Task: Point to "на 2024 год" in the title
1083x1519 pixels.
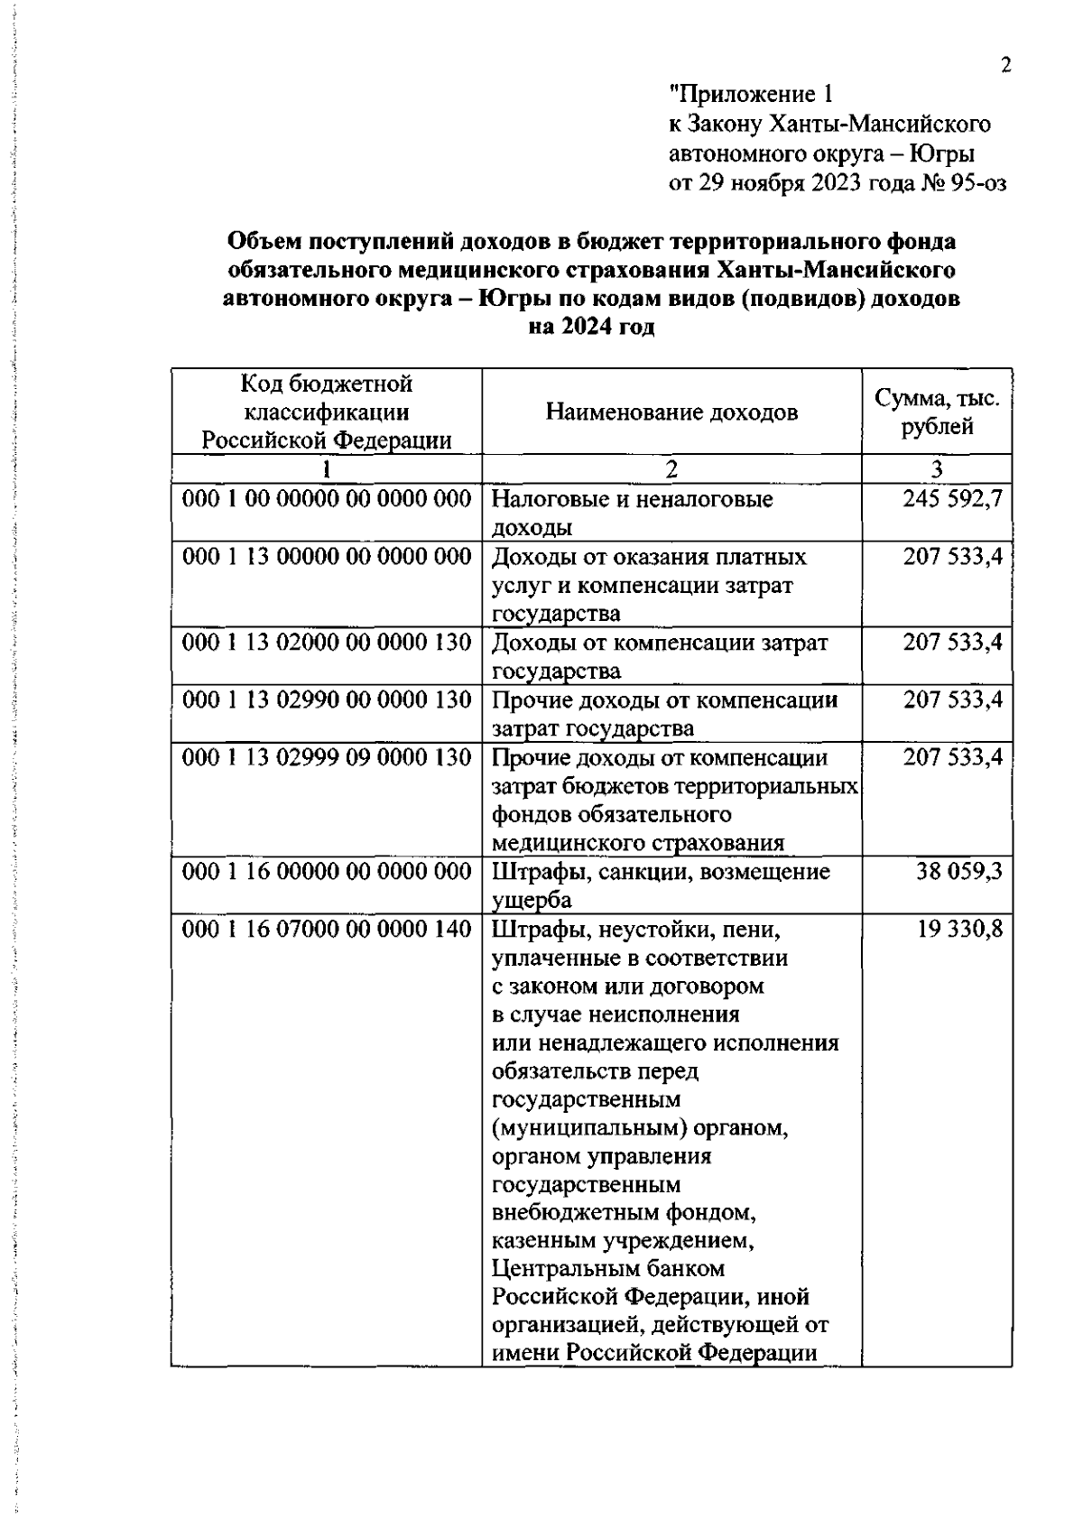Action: pos(591,328)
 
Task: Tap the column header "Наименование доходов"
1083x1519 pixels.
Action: pos(671,412)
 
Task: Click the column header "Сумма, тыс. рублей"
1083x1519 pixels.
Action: pos(937,412)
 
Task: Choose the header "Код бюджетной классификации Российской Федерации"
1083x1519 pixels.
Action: pos(326,412)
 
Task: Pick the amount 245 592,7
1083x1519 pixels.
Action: pos(953,499)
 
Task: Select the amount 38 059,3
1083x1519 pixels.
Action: pos(959,872)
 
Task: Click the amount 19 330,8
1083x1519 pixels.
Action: pos(959,929)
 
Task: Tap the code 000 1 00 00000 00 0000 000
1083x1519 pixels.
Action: pos(327,499)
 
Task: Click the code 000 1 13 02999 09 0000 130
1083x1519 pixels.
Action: pos(327,757)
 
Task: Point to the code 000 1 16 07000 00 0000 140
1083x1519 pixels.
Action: pos(327,929)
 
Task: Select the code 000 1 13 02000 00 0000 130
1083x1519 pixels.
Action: pos(327,643)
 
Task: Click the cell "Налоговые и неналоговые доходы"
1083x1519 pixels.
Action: pos(632,513)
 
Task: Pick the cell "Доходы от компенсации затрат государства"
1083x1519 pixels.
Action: pos(660,656)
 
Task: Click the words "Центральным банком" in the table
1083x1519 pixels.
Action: pos(608,1268)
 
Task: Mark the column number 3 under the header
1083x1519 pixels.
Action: pos(937,468)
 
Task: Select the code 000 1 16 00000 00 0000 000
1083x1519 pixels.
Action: pos(327,872)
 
